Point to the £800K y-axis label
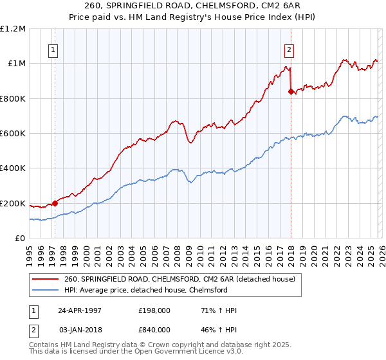point(13,99)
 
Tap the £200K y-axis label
point(13,204)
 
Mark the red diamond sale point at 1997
point(55,204)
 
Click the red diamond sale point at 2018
point(291,92)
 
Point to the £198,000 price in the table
point(154,310)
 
